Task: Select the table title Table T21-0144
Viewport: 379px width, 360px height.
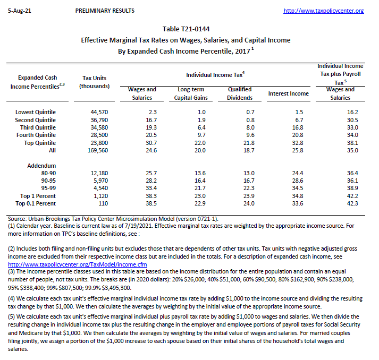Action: [x=190, y=29]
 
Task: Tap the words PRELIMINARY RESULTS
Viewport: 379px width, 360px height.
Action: [x=105, y=11]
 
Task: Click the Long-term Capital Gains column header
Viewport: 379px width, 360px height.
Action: [x=191, y=93]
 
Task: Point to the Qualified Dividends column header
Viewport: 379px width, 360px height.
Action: [x=240, y=93]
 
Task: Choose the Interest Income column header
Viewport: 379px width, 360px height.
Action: [x=289, y=93]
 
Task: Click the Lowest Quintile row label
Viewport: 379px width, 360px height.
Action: [x=36, y=112]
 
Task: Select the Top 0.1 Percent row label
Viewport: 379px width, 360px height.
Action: [x=37, y=203]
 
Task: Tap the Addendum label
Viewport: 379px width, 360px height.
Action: [x=41, y=166]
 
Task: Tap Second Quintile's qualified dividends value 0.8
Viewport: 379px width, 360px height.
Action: [x=250, y=120]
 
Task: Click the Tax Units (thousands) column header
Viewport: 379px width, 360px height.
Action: [x=94, y=82]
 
